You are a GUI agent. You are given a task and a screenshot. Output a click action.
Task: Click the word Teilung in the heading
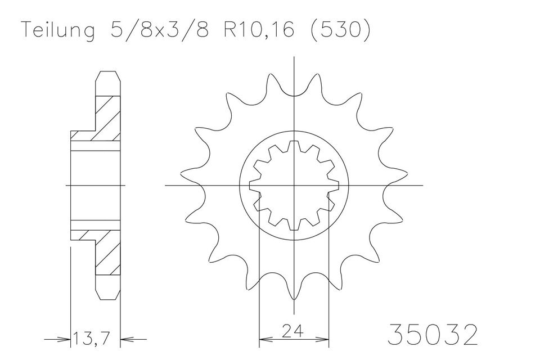(x=58, y=31)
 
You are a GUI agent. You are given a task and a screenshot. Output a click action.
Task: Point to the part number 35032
(x=433, y=335)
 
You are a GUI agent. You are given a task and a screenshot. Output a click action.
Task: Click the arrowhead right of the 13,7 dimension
(x=127, y=339)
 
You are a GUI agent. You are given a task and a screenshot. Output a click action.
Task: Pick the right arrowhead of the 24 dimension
(x=325, y=339)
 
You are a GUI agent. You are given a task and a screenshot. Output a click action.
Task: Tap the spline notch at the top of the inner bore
(x=294, y=145)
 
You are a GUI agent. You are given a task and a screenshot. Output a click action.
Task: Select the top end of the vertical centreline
(x=294, y=57)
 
